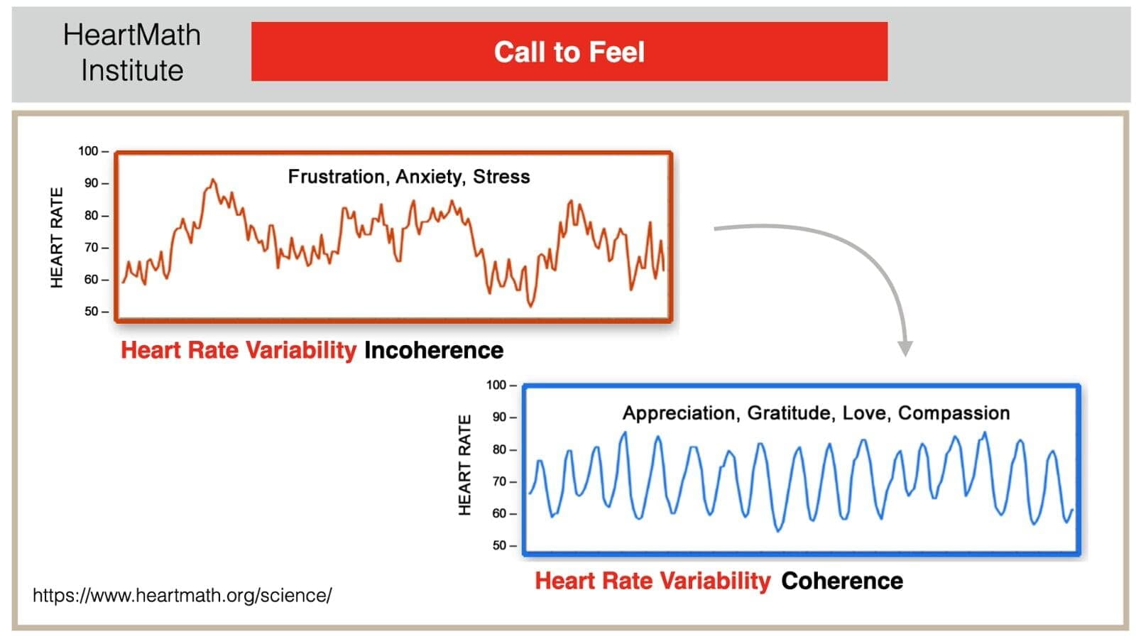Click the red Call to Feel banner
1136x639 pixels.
pyautogui.click(x=569, y=51)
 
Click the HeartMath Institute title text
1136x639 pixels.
pyautogui.click(x=132, y=53)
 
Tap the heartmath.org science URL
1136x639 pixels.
pyautogui.click(x=182, y=596)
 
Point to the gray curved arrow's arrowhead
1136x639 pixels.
pyautogui.click(x=905, y=349)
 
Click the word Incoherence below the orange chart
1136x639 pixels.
pyautogui.click(x=434, y=351)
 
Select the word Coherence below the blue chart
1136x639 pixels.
pyautogui.click(x=842, y=581)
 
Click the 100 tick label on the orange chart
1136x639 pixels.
pyautogui.click(x=88, y=151)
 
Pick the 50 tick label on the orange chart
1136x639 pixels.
pyautogui.click(x=92, y=312)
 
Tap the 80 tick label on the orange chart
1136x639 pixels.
pyautogui.click(x=92, y=216)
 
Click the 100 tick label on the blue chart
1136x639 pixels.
pyautogui.click(x=496, y=385)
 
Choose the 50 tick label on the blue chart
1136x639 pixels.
pyautogui.click(x=500, y=546)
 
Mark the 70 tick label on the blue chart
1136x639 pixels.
pyautogui.click(x=500, y=481)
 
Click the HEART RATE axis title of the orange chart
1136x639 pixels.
pyautogui.click(x=57, y=238)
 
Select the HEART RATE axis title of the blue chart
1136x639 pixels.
pyautogui.click(x=464, y=465)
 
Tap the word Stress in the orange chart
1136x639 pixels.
pyautogui.click(x=501, y=177)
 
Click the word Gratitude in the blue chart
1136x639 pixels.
pyautogui.click(x=790, y=413)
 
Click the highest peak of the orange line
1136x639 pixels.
pyautogui.click(x=213, y=180)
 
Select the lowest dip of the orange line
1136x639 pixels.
pyautogui.click(x=531, y=306)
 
